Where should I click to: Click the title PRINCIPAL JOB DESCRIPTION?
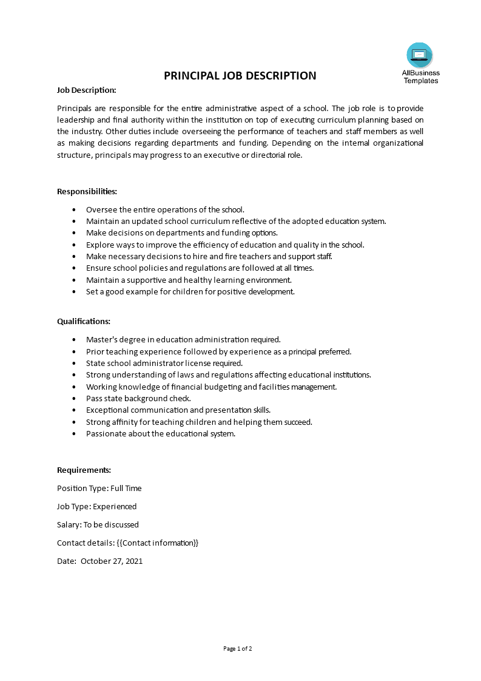click(240, 76)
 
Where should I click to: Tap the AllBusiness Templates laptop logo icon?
click(420, 55)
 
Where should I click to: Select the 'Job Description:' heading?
click(86, 90)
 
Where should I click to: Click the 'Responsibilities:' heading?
click(87, 191)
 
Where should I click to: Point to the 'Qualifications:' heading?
click(84, 321)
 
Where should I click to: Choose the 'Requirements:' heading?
click(84, 470)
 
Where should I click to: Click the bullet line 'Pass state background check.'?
click(138, 398)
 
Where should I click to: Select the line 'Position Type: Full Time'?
click(99, 488)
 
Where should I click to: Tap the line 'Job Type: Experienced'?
click(96, 506)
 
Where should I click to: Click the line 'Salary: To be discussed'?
click(98, 524)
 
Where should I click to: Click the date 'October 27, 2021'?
click(112, 561)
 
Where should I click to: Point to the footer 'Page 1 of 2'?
click(238, 648)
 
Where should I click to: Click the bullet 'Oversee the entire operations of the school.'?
click(165, 209)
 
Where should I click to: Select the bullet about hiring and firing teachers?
click(209, 256)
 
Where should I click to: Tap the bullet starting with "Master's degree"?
click(183, 339)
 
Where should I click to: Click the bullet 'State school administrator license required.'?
click(164, 363)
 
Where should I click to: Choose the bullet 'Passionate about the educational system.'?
click(160, 433)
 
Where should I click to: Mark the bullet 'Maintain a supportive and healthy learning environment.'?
click(189, 280)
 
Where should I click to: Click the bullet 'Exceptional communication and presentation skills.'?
click(178, 410)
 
